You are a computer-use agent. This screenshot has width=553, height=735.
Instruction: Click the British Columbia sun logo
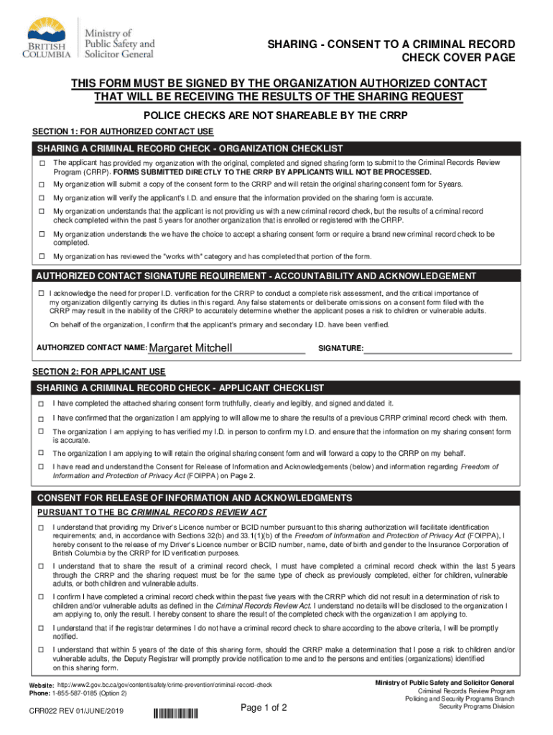pyautogui.click(x=48, y=33)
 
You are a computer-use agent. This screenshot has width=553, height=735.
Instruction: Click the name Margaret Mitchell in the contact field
pyautogui.click(x=190, y=348)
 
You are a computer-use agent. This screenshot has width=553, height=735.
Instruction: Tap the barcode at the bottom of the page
pyautogui.click(x=176, y=713)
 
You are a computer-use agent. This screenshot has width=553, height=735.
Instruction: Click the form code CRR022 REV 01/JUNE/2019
pyautogui.click(x=72, y=712)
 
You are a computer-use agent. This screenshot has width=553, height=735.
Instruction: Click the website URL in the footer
pyautogui.click(x=164, y=685)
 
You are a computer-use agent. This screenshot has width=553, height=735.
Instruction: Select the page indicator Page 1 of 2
pyautogui.click(x=264, y=708)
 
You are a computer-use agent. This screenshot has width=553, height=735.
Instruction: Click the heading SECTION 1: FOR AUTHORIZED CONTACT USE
pyautogui.click(x=124, y=132)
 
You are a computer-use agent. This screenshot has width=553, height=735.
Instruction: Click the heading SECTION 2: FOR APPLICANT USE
pyautogui.click(x=99, y=372)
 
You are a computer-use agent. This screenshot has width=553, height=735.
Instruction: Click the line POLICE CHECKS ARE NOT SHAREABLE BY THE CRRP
pyautogui.click(x=276, y=116)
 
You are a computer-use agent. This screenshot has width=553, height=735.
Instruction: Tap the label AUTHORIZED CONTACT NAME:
pyautogui.click(x=91, y=348)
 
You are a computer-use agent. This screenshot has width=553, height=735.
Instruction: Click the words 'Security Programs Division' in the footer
pyautogui.click(x=477, y=706)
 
